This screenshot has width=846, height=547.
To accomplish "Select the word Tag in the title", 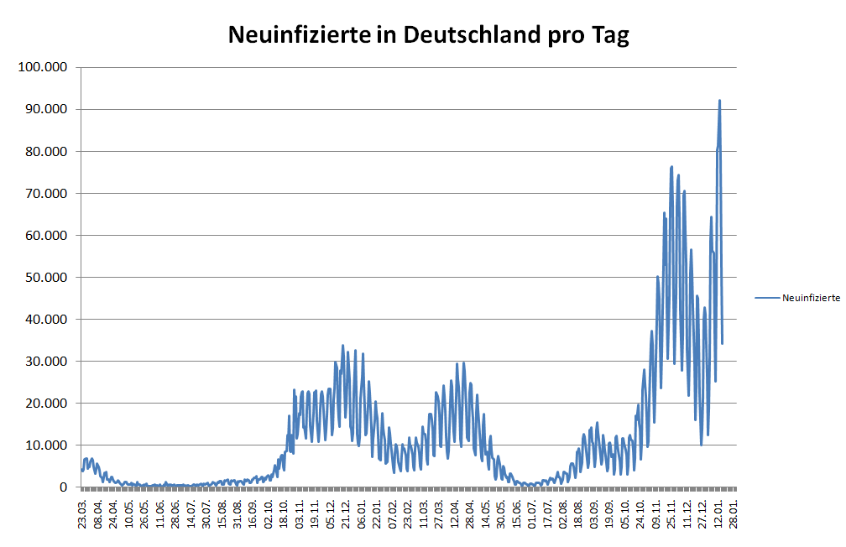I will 611,36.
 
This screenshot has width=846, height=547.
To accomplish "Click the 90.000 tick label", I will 44,109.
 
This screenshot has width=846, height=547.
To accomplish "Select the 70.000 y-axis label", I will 44,193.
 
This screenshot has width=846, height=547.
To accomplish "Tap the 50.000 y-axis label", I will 44,277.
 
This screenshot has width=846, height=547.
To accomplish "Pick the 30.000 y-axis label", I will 44,361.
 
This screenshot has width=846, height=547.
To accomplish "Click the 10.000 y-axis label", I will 44,445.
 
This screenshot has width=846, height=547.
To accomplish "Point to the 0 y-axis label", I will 63,487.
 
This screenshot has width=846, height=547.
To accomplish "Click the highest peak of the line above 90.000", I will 719,101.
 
